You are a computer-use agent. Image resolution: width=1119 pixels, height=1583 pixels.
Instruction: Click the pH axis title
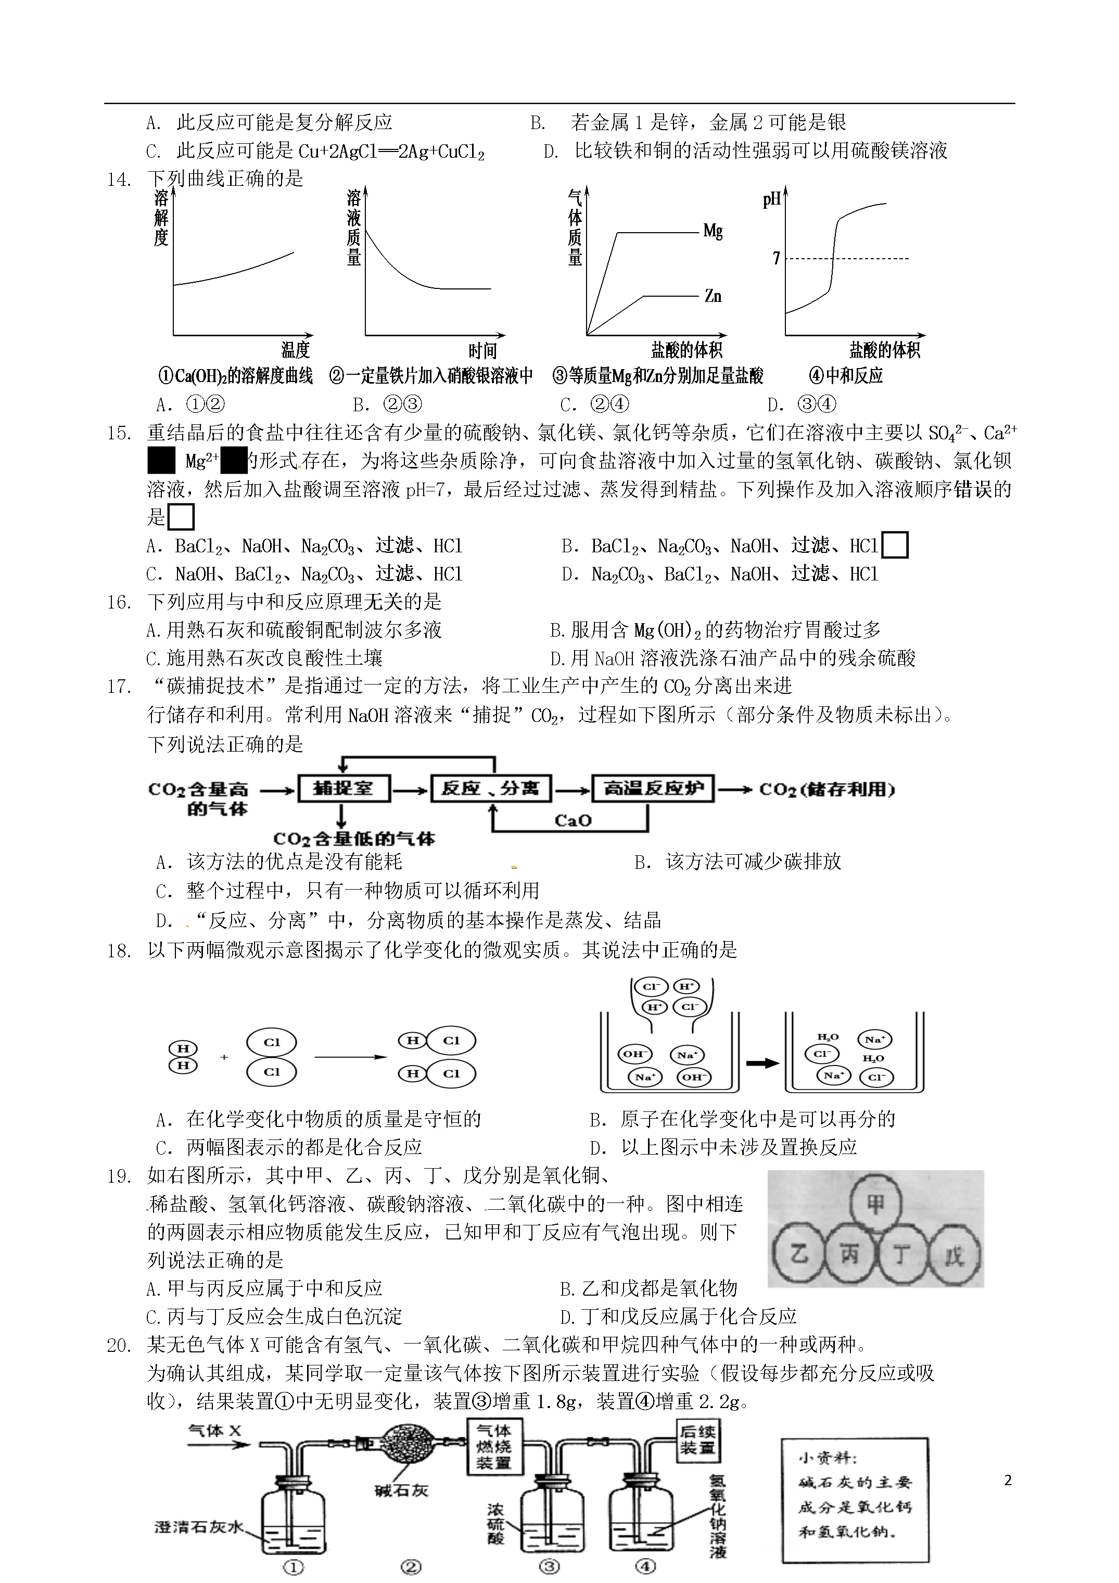[771, 200]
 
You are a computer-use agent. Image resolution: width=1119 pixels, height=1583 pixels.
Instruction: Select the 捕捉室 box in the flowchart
[344, 788]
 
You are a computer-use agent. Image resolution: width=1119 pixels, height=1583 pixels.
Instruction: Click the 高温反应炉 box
[653, 788]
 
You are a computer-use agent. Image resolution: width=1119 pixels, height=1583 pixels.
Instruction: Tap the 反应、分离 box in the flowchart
[490, 788]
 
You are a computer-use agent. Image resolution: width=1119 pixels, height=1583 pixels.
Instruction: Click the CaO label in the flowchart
[573, 820]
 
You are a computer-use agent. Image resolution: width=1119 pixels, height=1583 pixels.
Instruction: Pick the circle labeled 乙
[798, 1254]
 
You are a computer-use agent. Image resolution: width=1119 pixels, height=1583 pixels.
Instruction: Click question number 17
[119, 687]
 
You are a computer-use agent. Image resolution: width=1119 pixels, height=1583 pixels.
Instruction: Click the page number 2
[1008, 1480]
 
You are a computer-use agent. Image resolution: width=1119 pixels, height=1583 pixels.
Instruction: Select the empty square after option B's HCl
[895, 546]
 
